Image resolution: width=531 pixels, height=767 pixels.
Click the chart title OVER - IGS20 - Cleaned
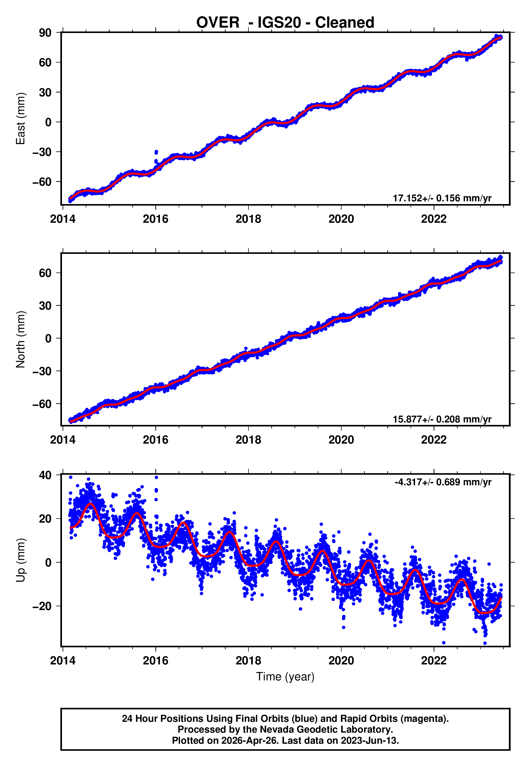pos(285,23)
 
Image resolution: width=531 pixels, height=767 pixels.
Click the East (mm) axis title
pos(21,119)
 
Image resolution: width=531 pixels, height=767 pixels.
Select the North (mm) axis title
pos(21,339)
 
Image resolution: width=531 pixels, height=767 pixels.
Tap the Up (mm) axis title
pos(21,560)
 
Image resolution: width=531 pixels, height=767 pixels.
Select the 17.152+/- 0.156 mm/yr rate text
pos(442,198)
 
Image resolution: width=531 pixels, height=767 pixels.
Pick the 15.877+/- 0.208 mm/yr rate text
pos(442,419)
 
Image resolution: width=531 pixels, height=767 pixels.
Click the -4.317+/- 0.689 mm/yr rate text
pos(443,482)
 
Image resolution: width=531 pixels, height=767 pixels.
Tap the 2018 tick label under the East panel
pos(248,219)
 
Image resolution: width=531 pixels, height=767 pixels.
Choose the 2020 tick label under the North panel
pos(341,440)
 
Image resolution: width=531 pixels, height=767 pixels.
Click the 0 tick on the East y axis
pos(48,122)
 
